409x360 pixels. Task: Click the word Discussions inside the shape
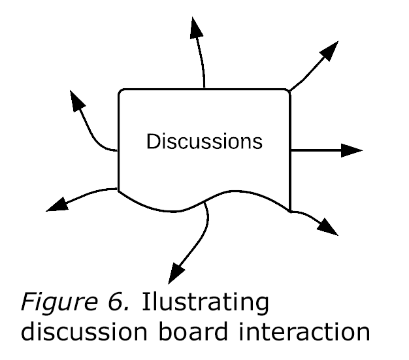pos(204,141)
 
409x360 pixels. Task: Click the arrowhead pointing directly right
pos(352,150)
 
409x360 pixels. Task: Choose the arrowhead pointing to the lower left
pos(57,205)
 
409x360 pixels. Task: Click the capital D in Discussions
pos(152,141)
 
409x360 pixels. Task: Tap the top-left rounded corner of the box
pos(122,93)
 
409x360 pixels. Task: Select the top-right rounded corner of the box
pos(287,93)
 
